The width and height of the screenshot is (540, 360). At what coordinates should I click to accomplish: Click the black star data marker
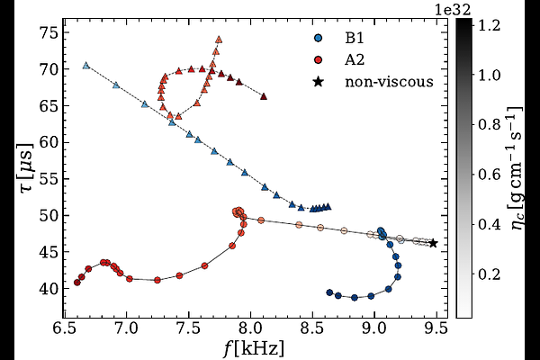pos(433,243)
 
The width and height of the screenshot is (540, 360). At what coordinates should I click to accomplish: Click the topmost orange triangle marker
pos(219,40)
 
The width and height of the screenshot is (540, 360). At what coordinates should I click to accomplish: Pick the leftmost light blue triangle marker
pos(85,65)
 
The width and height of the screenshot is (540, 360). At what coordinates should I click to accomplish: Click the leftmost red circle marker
pos(77,283)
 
